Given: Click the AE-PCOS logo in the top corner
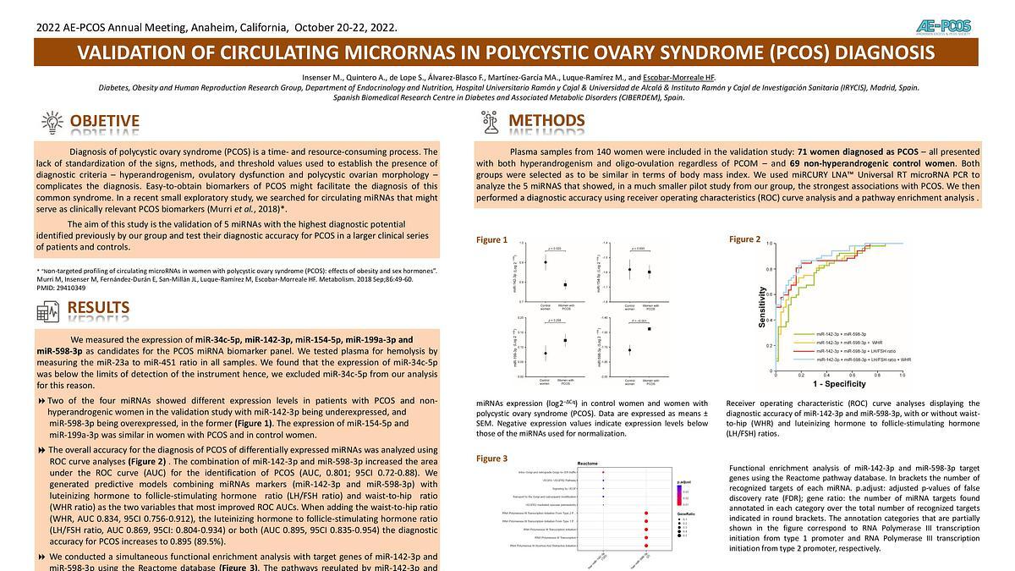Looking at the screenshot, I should click(946, 26).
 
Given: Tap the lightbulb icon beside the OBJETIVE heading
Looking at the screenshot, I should click(52, 122).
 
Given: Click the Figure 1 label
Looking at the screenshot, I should click(492, 240).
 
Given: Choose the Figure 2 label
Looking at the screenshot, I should click(744, 240).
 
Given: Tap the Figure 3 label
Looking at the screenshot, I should click(492, 458).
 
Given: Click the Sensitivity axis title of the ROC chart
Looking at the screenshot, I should click(762, 308).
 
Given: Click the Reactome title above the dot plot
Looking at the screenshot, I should click(590, 464).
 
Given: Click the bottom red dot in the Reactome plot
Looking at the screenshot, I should click(646, 546).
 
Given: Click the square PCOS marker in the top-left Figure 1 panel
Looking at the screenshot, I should click(565, 285).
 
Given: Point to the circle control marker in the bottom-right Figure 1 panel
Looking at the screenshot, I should click(629, 349).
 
